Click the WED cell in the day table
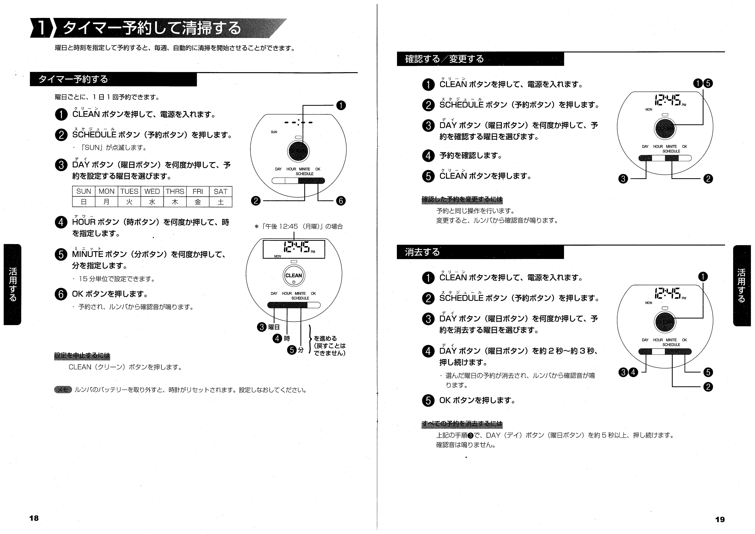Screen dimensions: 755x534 (x=152, y=191)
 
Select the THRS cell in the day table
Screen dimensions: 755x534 (x=175, y=191)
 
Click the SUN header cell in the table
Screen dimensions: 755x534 (x=84, y=191)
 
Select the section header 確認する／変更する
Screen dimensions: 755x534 (x=444, y=59)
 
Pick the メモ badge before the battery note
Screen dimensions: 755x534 (x=63, y=390)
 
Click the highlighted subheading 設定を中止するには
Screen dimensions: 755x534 (x=82, y=356)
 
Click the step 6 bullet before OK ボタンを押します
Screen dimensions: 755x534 (x=61, y=294)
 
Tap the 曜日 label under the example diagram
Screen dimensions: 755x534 (x=274, y=327)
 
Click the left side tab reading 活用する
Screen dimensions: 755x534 (x=13, y=284)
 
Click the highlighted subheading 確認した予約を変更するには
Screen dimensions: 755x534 (x=462, y=200)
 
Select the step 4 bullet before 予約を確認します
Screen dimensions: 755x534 (x=428, y=156)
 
